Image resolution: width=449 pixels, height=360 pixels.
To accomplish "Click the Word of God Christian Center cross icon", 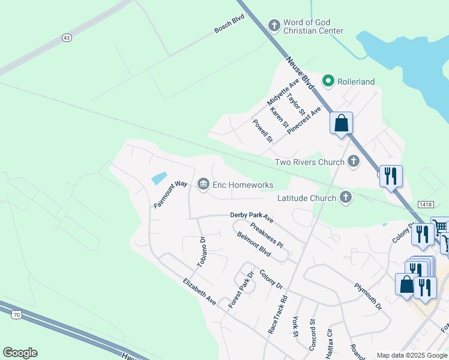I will tap(274, 25).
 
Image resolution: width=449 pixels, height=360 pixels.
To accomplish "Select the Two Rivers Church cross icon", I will tap(354, 161).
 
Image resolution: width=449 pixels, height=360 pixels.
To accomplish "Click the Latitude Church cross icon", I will tap(345, 197).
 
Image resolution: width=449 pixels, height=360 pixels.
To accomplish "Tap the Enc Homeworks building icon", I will tap(203, 184).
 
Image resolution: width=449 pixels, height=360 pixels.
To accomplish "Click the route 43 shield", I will tap(66, 37).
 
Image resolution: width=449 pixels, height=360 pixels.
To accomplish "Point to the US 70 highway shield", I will tap(16, 313).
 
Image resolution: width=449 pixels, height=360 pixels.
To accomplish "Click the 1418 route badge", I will tap(426, 205).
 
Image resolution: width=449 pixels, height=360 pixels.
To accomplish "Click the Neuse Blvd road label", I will tap(301, 73).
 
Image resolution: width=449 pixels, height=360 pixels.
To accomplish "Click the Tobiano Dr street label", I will tap(202, 251).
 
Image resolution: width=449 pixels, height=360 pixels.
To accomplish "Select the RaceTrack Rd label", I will tap(278, 314).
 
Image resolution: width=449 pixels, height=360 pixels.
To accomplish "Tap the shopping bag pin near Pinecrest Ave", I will tap(341, 123).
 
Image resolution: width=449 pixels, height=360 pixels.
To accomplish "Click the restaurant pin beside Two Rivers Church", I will tap(391, 176).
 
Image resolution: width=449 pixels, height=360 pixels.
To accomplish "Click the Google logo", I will tap(20, 353).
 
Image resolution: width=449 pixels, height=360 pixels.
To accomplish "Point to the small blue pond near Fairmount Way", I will tap(159, 178).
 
